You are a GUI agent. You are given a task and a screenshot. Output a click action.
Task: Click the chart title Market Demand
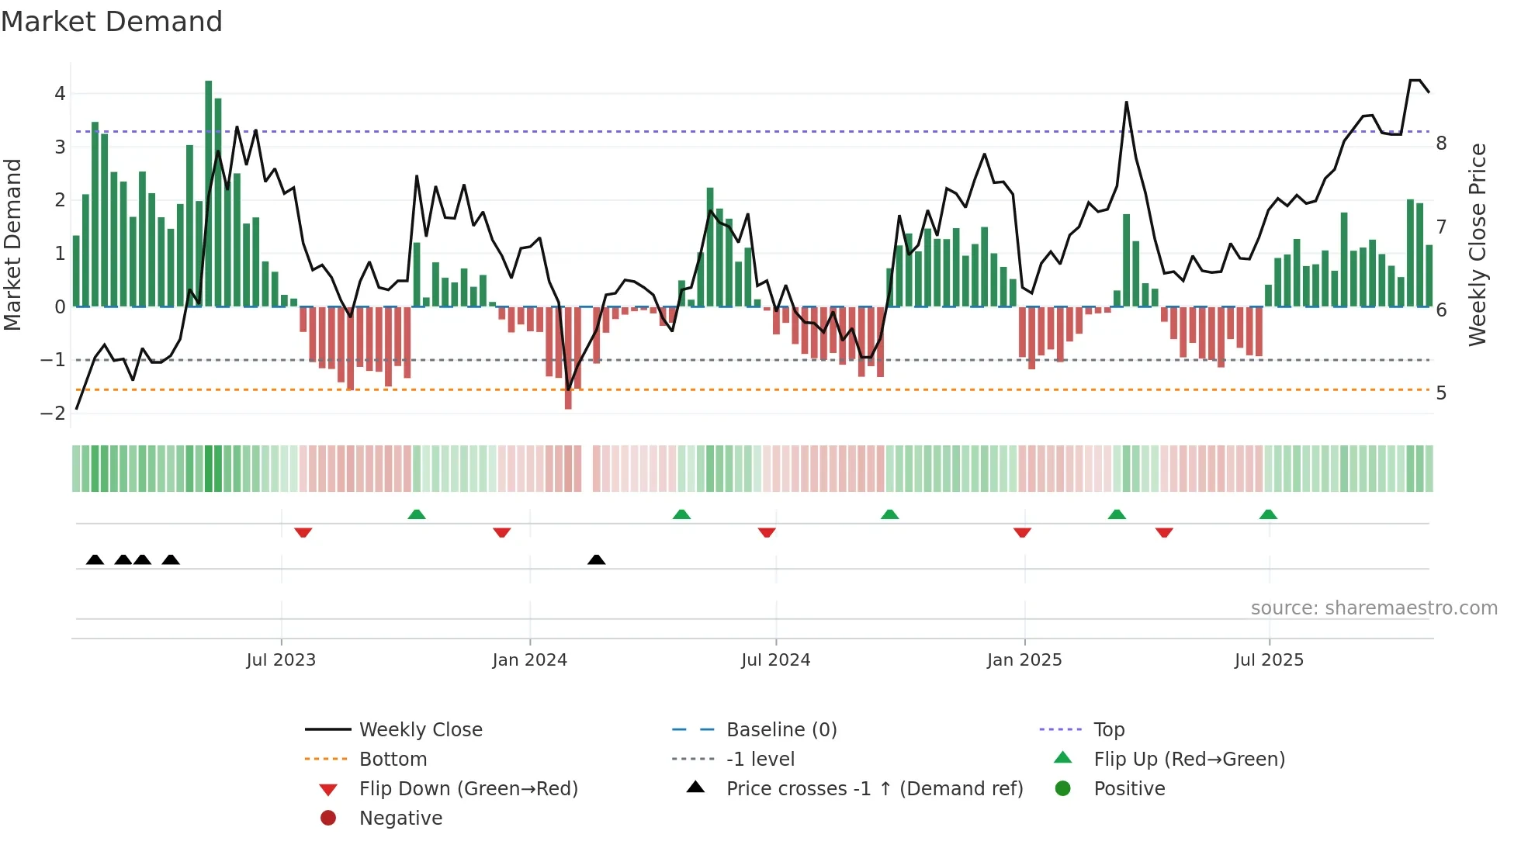point(112,22)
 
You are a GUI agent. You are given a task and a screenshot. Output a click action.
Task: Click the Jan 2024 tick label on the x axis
point(529,660)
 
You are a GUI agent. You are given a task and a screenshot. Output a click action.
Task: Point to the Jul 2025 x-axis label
point(1269,660)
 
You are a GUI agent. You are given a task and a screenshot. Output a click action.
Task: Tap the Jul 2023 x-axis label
point(281,660)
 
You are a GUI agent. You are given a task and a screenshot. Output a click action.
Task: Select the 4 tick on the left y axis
point(60,94)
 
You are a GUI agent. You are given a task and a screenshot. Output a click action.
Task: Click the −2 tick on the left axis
point(54,414)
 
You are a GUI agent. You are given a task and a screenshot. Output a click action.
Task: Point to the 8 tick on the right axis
point(1441,144)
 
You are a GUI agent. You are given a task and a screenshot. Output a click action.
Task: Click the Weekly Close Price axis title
point(1478,244)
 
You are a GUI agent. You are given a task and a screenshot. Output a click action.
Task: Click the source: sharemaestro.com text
point(1374,608)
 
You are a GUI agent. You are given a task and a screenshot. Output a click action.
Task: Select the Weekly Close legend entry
point(420,730)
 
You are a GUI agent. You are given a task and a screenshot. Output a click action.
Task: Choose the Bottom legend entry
point(393,760)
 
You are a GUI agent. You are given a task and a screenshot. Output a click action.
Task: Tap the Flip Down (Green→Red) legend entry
point(468,789)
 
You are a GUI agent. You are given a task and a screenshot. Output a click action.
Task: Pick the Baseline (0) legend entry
point(781,730)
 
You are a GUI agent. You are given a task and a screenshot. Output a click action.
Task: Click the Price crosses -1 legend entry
point(874,789)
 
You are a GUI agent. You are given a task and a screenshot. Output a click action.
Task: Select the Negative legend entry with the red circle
point(400,819)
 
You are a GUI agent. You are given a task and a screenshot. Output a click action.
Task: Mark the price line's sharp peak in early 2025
point(1126,102)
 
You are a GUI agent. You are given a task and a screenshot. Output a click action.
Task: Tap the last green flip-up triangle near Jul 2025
point(1268,514)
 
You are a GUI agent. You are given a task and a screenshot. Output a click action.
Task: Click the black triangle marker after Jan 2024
point(596,559)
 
